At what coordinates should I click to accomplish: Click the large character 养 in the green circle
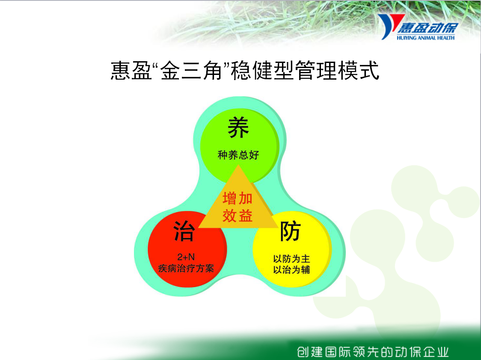(x=238, y=128)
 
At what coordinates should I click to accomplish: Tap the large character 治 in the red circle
(x=184, y=231)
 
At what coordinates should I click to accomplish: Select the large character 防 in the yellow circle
(x=290, y=231)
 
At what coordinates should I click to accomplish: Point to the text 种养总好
(x=238, y=155)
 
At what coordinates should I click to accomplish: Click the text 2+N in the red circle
(x=186, y=257)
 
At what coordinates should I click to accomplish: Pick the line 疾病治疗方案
(x=186, y=268)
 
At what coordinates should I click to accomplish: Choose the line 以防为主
(x=291, y=259)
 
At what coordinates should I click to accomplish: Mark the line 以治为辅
(x=291, y=270)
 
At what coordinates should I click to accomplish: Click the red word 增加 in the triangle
(x=238, y=198)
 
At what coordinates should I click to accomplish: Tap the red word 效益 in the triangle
(x=238, y=215)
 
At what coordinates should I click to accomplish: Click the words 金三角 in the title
(x=191, y=71)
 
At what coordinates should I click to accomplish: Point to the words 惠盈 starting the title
(x=131, y=71)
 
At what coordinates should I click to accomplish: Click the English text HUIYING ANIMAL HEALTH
(x=425, y=38)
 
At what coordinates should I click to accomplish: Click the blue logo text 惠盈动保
(x=428, y=28)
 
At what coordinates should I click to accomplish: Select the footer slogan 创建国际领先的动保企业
(x=373, y=352)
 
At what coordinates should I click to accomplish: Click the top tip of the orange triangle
(x=238, y=165)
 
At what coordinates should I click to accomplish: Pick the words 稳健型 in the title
(x=262, y=71)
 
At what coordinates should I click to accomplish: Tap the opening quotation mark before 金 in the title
(x=155, y=65)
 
